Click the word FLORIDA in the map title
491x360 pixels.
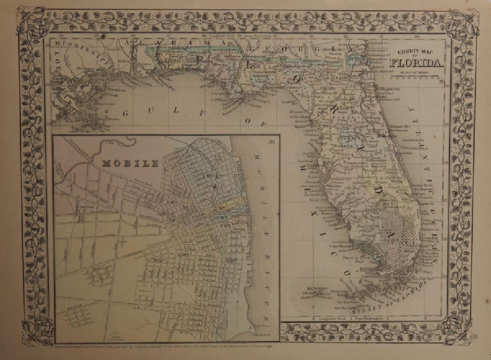(x=417, y=63)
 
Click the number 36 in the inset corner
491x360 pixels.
(x=272, y=142)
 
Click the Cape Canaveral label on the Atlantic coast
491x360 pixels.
(x=416, y=147)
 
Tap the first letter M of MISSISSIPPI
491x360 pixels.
(x=57, y=44)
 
